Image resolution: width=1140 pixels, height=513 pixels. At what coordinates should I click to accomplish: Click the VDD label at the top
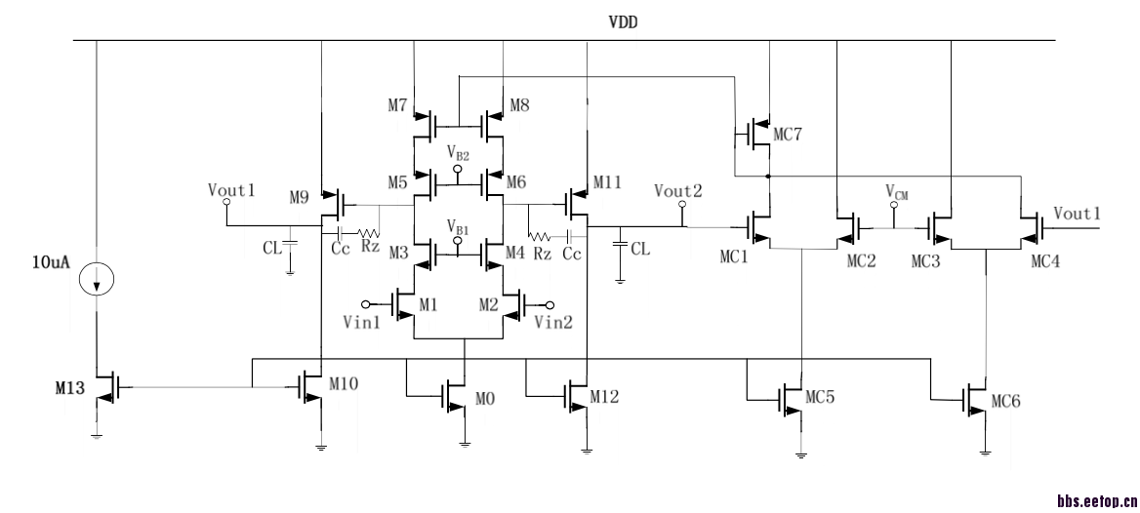coord(623,22)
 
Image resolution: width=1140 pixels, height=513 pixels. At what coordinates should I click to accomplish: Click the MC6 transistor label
coord(1006,400)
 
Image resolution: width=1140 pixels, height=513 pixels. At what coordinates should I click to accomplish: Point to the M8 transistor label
coord(518,104)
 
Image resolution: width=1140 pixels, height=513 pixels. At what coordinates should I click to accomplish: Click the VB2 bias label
coord(458,154)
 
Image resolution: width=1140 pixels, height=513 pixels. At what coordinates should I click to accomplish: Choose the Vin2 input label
coord(553,320)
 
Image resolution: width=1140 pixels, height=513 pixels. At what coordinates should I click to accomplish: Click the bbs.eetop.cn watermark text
coord(1094,500)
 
